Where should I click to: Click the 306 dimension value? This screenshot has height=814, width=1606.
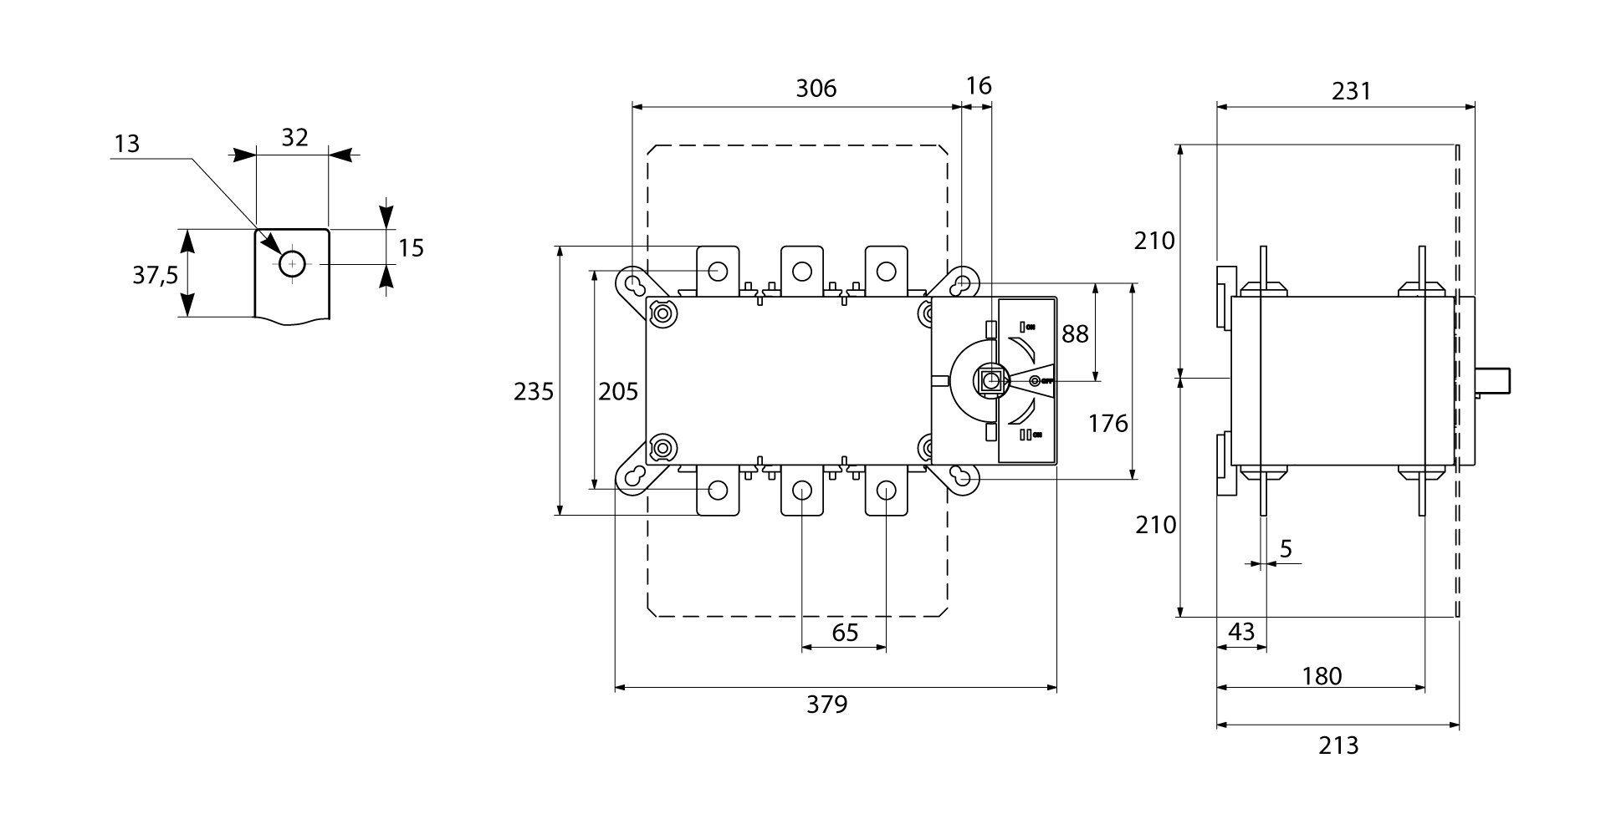click(816, 89)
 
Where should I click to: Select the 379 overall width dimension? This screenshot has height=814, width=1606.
click(826, 705)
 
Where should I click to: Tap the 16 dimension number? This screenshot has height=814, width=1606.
click(978, 86)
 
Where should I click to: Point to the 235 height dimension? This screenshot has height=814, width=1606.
click(534, 391)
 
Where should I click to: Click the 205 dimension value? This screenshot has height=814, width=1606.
click(618, 391)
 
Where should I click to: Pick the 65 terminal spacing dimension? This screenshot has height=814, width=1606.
click(845, 632)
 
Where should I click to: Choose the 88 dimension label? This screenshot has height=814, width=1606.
click(1075, 333)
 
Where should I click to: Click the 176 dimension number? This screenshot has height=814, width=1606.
click(1108, 424)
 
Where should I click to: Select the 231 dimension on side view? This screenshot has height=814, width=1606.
click(1352, 91)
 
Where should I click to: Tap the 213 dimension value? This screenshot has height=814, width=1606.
click(1338, 745)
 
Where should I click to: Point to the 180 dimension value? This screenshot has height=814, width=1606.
click(1322, 675)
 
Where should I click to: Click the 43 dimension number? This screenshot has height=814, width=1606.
click(1240, 632)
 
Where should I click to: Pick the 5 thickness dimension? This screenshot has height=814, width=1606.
click(1286, 549)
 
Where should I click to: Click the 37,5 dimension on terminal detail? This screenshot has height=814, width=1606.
click(156, 274)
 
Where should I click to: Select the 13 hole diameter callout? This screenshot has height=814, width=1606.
click(127, 144)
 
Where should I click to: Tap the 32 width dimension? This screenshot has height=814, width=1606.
click(294, 137)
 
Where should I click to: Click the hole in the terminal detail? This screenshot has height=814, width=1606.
click(292, 264)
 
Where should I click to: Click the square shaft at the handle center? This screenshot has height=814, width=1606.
click(992, 381)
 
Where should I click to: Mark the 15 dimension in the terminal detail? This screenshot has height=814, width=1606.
click(411, 247)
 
